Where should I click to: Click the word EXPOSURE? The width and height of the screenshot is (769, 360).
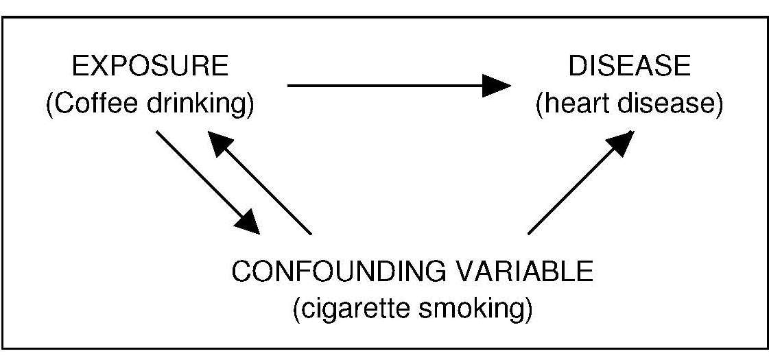click(x=150, y=67)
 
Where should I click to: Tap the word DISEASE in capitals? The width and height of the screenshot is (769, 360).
click(x=628, y=67)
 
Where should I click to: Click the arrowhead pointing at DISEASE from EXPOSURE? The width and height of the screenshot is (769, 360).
click(x=495, y=86)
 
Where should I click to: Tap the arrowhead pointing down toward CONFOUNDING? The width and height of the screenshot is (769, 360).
click(x=247, y=221)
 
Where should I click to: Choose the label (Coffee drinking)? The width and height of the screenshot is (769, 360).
click(x=150, y=106)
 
